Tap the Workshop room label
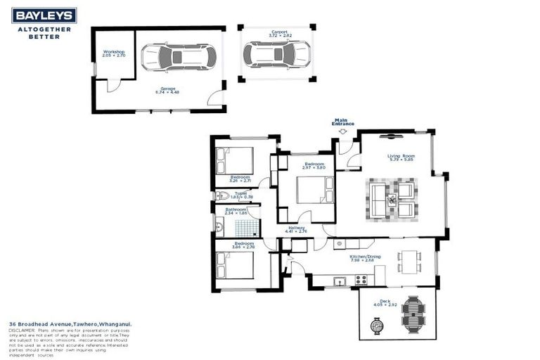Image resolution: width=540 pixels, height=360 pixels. click(x=115, y=52)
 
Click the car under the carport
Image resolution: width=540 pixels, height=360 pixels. click(x=276, y=53)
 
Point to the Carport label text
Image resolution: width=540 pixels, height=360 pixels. click(x=278, y=32)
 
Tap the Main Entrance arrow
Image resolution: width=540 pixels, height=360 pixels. click(x=342, y=131)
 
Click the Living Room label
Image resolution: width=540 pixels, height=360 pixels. click(x=401, y=156)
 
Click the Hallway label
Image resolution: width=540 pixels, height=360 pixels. click(x=295, y=227)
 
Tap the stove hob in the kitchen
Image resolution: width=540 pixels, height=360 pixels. click(x=361, y=279)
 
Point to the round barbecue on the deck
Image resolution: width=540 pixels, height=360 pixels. click(x=378, y=326)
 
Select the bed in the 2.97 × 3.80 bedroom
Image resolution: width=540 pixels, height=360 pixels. click(x=310, y=189)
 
